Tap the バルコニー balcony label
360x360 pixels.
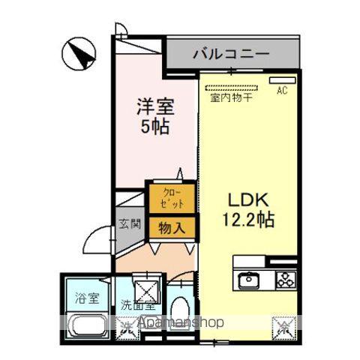click(232, 54)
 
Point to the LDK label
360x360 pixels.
click(244, 201)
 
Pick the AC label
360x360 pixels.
click(282, 91)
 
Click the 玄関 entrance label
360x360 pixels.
click(126, 223)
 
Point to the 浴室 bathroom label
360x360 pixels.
click(85, 298)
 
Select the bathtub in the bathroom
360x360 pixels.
click(88, 327)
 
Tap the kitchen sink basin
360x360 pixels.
click(249, 280)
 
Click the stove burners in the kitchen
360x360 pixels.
click(286, 280)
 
